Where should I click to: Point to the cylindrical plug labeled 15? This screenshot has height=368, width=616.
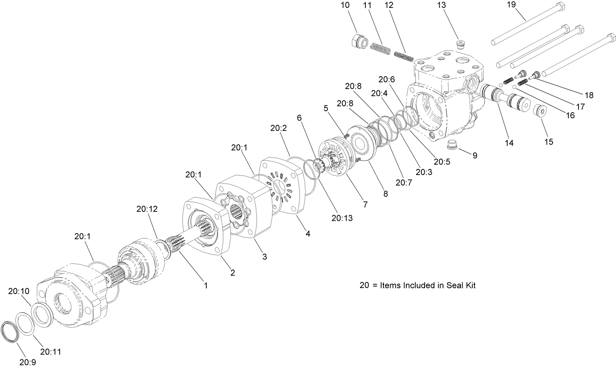540,111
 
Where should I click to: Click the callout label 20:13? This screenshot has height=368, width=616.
342,217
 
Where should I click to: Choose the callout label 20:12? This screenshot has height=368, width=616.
147,209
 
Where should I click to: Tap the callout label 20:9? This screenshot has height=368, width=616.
27,362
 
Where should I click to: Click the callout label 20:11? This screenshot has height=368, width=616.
51,352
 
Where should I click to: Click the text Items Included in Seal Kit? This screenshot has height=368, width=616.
428,285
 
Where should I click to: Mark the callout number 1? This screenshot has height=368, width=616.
206,285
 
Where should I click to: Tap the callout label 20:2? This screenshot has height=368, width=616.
278,128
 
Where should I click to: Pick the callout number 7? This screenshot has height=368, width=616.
365,205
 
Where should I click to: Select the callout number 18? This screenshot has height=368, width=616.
589,95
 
